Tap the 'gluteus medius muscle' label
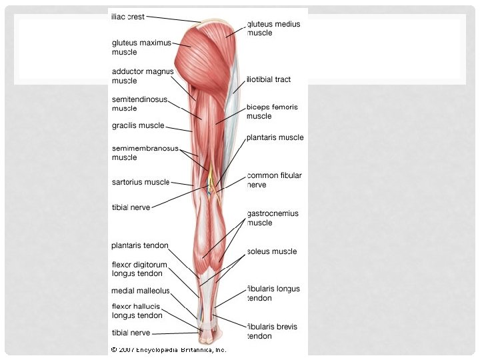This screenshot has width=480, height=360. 273,28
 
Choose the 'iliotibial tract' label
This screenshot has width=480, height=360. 269,79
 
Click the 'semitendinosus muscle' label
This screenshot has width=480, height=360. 139,104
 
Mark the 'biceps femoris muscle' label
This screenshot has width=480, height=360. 272,111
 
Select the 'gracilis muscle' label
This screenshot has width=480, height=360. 138,125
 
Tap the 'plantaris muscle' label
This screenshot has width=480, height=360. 275,137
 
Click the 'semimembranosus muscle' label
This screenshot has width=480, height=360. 145,153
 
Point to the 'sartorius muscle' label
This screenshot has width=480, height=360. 141,181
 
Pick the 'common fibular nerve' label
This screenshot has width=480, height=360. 274,180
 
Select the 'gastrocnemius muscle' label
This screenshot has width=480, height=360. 273,218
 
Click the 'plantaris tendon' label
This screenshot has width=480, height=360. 140,245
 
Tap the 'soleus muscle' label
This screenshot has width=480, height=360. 272,252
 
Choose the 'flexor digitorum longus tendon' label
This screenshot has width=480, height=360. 139,269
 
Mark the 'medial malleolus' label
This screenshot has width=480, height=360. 140,291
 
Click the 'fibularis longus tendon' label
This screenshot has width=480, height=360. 273,293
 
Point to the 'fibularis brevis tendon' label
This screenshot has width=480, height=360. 272,331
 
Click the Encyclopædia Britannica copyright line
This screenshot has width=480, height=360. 169,349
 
